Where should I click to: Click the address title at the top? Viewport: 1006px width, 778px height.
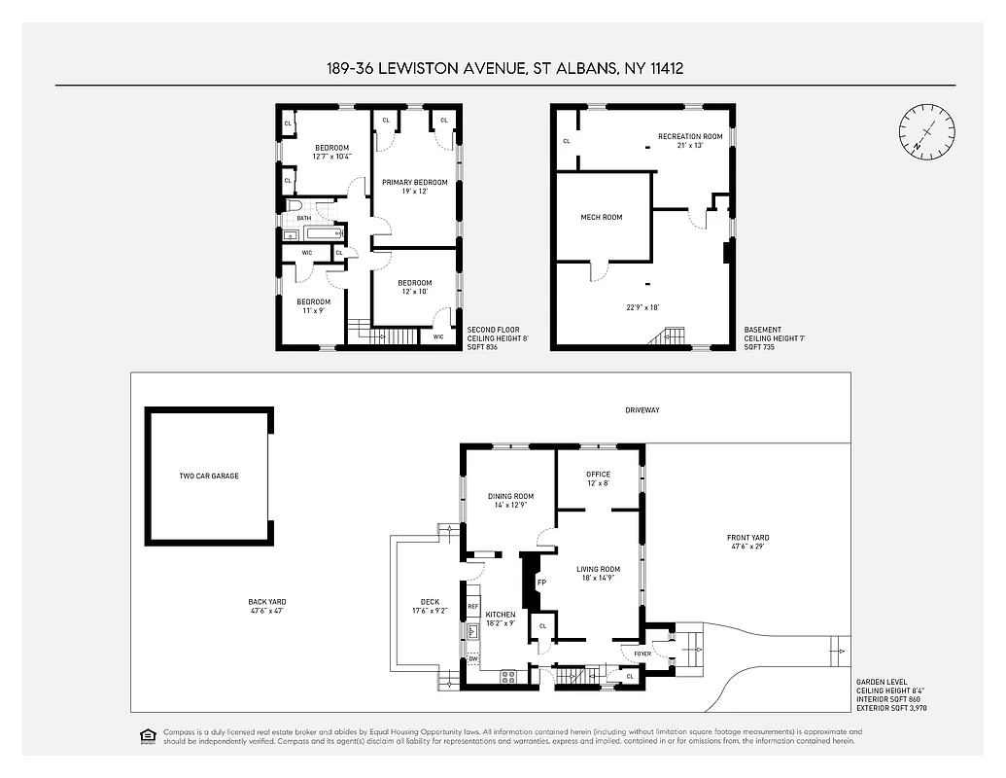pos(503,68)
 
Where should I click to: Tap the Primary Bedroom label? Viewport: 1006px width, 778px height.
pos(414,182)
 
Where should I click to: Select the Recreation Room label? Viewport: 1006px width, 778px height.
pos(690,136)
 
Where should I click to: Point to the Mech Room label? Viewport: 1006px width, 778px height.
pos(602,217)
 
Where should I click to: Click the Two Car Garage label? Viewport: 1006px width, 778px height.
pos(209,476)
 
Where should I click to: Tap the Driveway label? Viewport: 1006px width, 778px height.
pos(642,410)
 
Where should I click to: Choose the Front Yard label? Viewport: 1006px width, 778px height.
pos(747,538)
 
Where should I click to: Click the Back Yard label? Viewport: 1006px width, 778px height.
pos(267,602)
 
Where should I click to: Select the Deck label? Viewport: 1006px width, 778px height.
pos(431,602)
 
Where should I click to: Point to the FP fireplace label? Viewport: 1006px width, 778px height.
pos(541,583)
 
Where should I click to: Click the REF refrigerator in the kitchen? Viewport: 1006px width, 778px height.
pos(473,607)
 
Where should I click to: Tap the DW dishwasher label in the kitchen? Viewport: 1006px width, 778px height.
pos(473,658)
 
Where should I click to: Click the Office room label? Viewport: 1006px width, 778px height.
pos(598,475)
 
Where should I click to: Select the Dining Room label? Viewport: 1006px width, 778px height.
pos(510,496)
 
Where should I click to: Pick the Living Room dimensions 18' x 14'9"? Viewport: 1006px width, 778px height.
pos(598,578)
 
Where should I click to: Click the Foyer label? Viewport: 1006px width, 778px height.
pos(642,654)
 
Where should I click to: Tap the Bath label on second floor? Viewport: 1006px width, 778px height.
pos(304,218)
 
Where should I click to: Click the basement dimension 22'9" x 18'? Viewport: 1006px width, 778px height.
pos(642,307)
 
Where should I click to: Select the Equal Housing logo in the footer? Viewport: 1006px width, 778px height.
pos(148,735)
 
